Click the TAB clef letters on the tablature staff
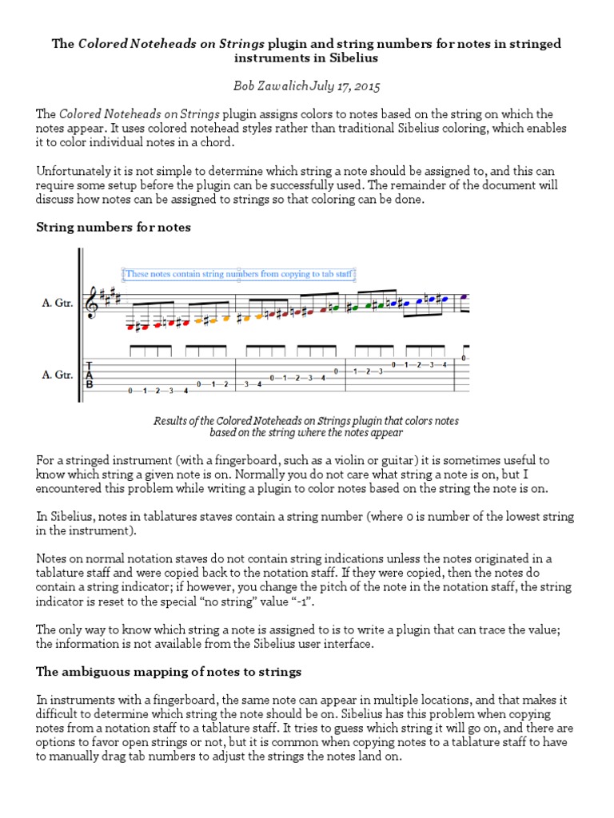(x=90, y=375)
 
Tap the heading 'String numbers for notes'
(x=114, y=228)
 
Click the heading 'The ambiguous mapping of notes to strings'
(x=169, y=672)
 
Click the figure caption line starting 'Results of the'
(x=306, y=420)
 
